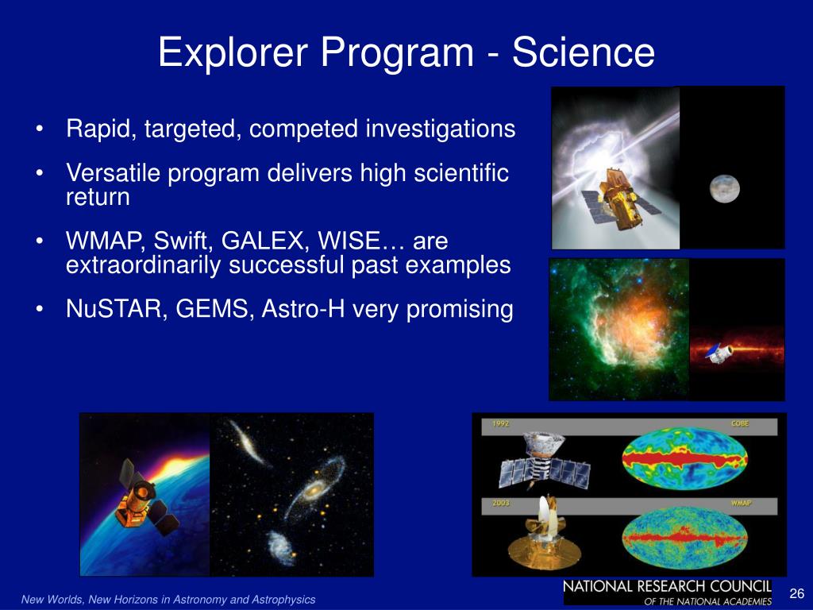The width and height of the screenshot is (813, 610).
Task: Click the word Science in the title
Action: [584, 52]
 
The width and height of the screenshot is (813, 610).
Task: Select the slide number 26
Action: [796, 593]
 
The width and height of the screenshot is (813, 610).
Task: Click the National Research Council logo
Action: [668, 593]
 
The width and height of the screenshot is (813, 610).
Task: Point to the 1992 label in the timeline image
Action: [500, 424]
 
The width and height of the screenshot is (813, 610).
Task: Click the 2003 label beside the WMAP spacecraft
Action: [500, 503]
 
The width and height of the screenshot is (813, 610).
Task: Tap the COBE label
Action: [740, 423]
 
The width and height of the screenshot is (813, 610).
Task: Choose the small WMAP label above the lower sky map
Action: [741, 503]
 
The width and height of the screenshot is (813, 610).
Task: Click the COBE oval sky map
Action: [685, 459]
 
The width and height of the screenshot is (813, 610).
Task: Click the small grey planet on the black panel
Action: [724, 189]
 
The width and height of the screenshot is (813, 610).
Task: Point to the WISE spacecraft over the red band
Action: [719, 353]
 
